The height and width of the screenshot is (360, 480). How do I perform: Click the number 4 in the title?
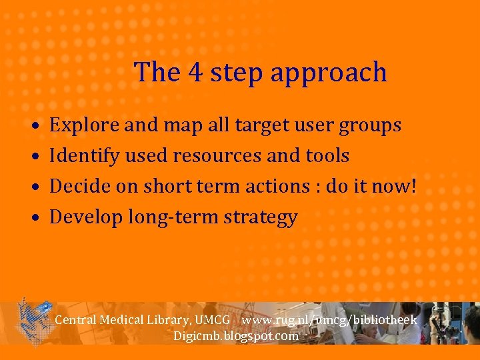(196, 72)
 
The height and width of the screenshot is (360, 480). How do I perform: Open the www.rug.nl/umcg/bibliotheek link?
(329, 320)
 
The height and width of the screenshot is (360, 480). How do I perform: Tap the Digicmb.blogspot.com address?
(235, 335)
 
